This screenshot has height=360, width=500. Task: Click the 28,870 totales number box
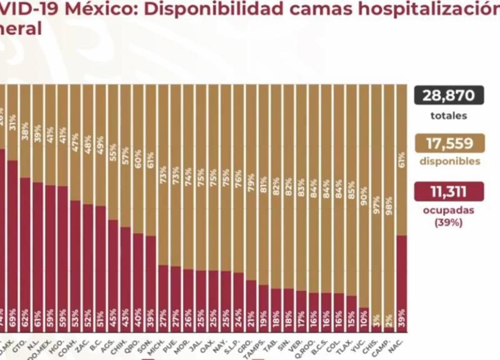pos(448,96)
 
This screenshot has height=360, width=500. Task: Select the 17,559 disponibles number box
pos(448,143)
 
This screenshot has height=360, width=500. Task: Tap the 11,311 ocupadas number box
pos(448,191)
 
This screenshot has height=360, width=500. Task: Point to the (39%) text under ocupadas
pos(448,222)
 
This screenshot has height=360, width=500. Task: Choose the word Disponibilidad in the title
pos(198,11)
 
